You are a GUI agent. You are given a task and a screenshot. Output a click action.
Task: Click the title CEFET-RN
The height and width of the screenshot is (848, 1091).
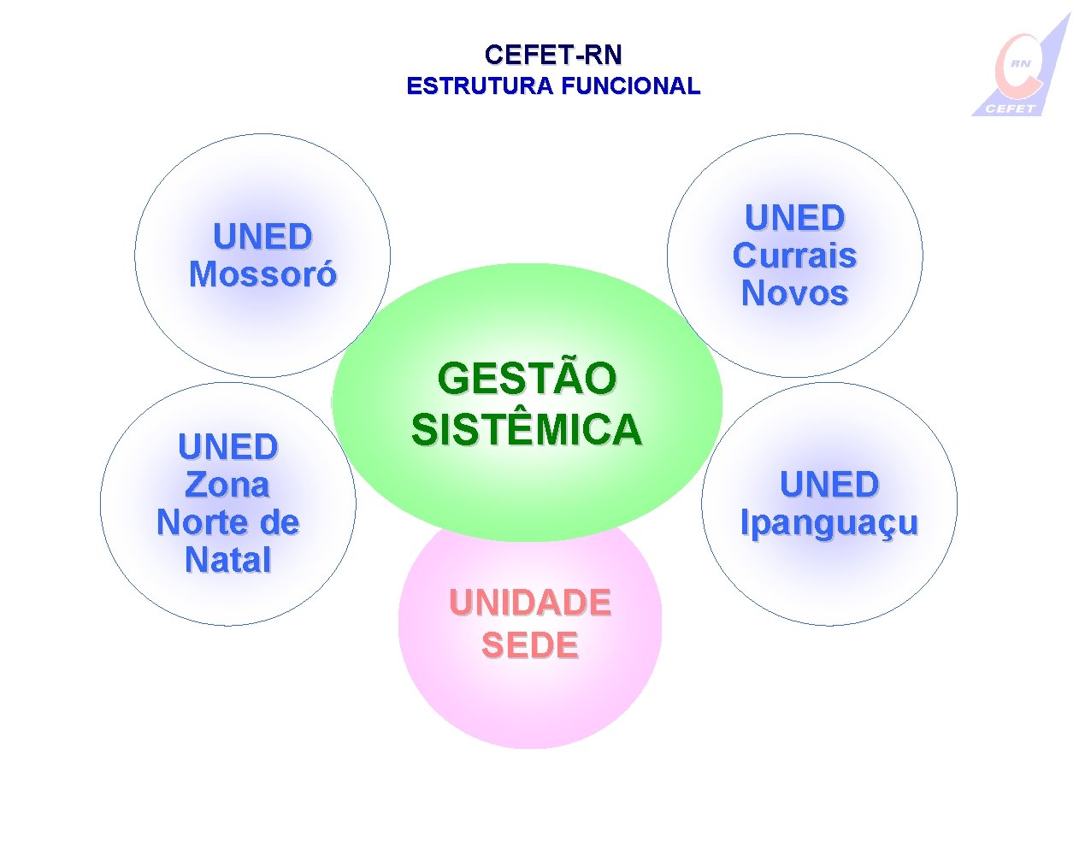(552, 56)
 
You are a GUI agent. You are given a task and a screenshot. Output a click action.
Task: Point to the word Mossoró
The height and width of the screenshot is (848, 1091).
(262, 275)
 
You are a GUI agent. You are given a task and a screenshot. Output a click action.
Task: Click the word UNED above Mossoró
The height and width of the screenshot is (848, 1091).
(262, 237)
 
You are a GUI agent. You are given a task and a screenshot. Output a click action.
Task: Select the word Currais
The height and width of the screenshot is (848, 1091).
(794, 256)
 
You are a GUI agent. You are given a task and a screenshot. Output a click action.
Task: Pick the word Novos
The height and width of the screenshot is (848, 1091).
(794, 293)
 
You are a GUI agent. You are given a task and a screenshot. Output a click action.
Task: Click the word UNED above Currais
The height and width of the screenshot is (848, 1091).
(794, 218)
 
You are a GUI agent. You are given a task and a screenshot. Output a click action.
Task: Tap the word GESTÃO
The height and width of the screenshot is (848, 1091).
(527, 379)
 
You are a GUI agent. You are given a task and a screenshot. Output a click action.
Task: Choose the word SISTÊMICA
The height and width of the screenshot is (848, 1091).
(527, 429)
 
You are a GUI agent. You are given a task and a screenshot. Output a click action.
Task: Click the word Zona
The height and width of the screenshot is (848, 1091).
(227, 485)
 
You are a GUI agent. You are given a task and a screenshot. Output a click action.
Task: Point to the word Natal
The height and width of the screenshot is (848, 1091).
(227, 560)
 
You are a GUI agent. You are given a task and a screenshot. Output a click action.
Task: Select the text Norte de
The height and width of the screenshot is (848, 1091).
(227, 522)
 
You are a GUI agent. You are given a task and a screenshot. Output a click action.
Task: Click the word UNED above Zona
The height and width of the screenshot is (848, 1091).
(227, 447)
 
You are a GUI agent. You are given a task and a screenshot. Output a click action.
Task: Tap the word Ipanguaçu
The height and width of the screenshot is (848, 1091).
(829, 522)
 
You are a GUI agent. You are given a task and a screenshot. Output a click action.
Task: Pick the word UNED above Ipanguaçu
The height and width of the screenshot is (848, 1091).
(829, 485)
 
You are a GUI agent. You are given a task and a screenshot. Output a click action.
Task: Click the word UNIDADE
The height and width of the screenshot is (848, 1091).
(530, 604)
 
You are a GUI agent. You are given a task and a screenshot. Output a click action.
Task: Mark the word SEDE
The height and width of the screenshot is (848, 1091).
(530, 645)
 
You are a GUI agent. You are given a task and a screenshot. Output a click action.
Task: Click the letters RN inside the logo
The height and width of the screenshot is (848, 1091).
(1020, 63)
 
